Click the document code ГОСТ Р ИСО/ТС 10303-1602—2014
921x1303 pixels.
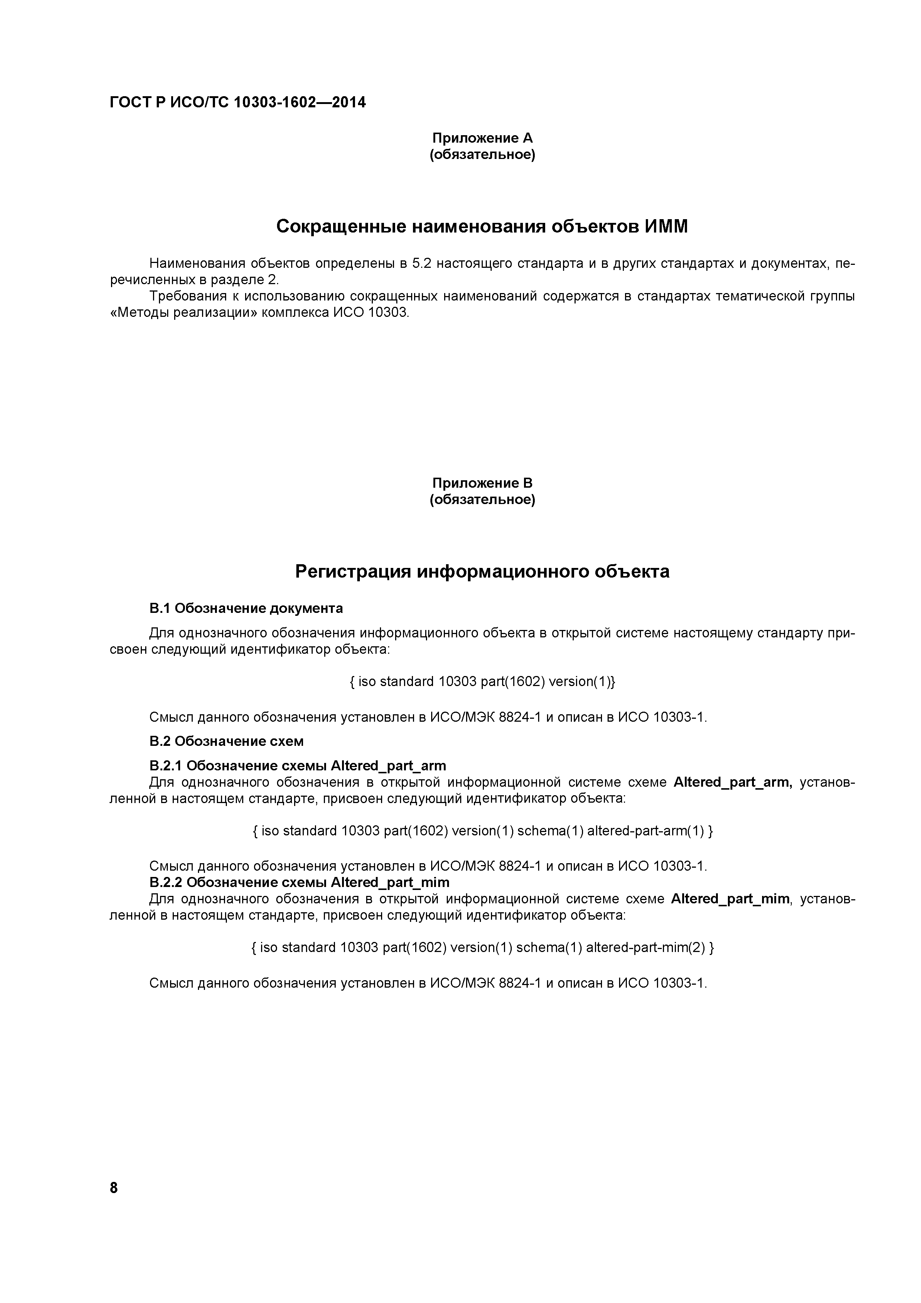click(238, 103)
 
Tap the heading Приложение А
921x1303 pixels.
click(482, 138)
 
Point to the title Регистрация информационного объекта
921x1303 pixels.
click(482, 572)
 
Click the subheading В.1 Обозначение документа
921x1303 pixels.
click(246, 608)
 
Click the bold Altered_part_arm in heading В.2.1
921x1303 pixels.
click(388, 766)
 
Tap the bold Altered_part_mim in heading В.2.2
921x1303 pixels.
click(390, 883)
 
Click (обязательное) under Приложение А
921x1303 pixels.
click(482, 155)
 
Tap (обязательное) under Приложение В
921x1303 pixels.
click(482, 500)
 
